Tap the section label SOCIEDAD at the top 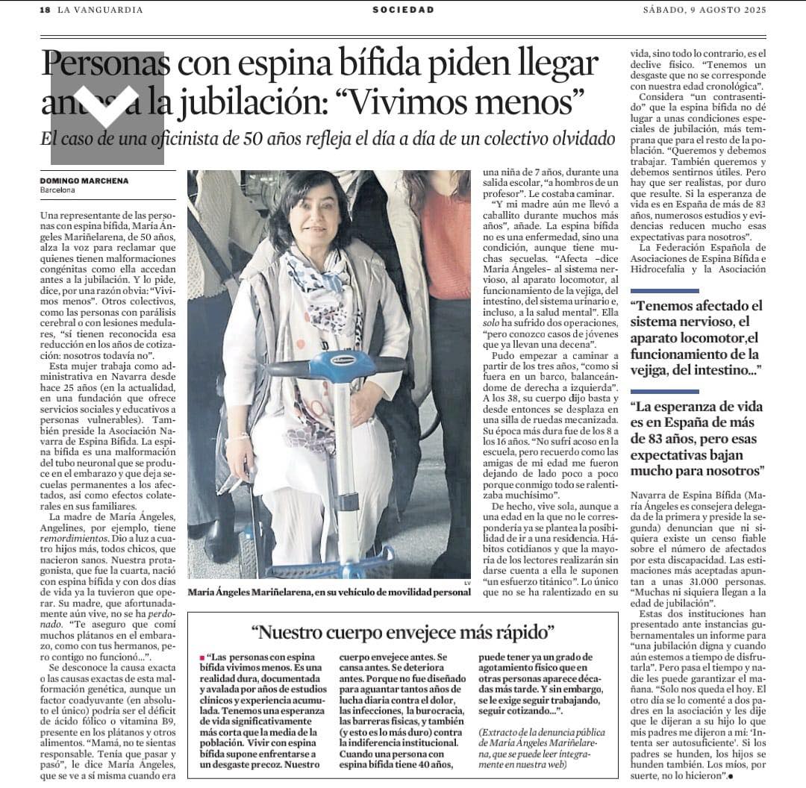pos(403,10)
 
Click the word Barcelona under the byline pos(58,190)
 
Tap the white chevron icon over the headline pos(107,107)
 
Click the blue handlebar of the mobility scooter pos(322,368)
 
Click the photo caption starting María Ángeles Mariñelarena pos(329,592)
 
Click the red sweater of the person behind pos(445,246)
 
